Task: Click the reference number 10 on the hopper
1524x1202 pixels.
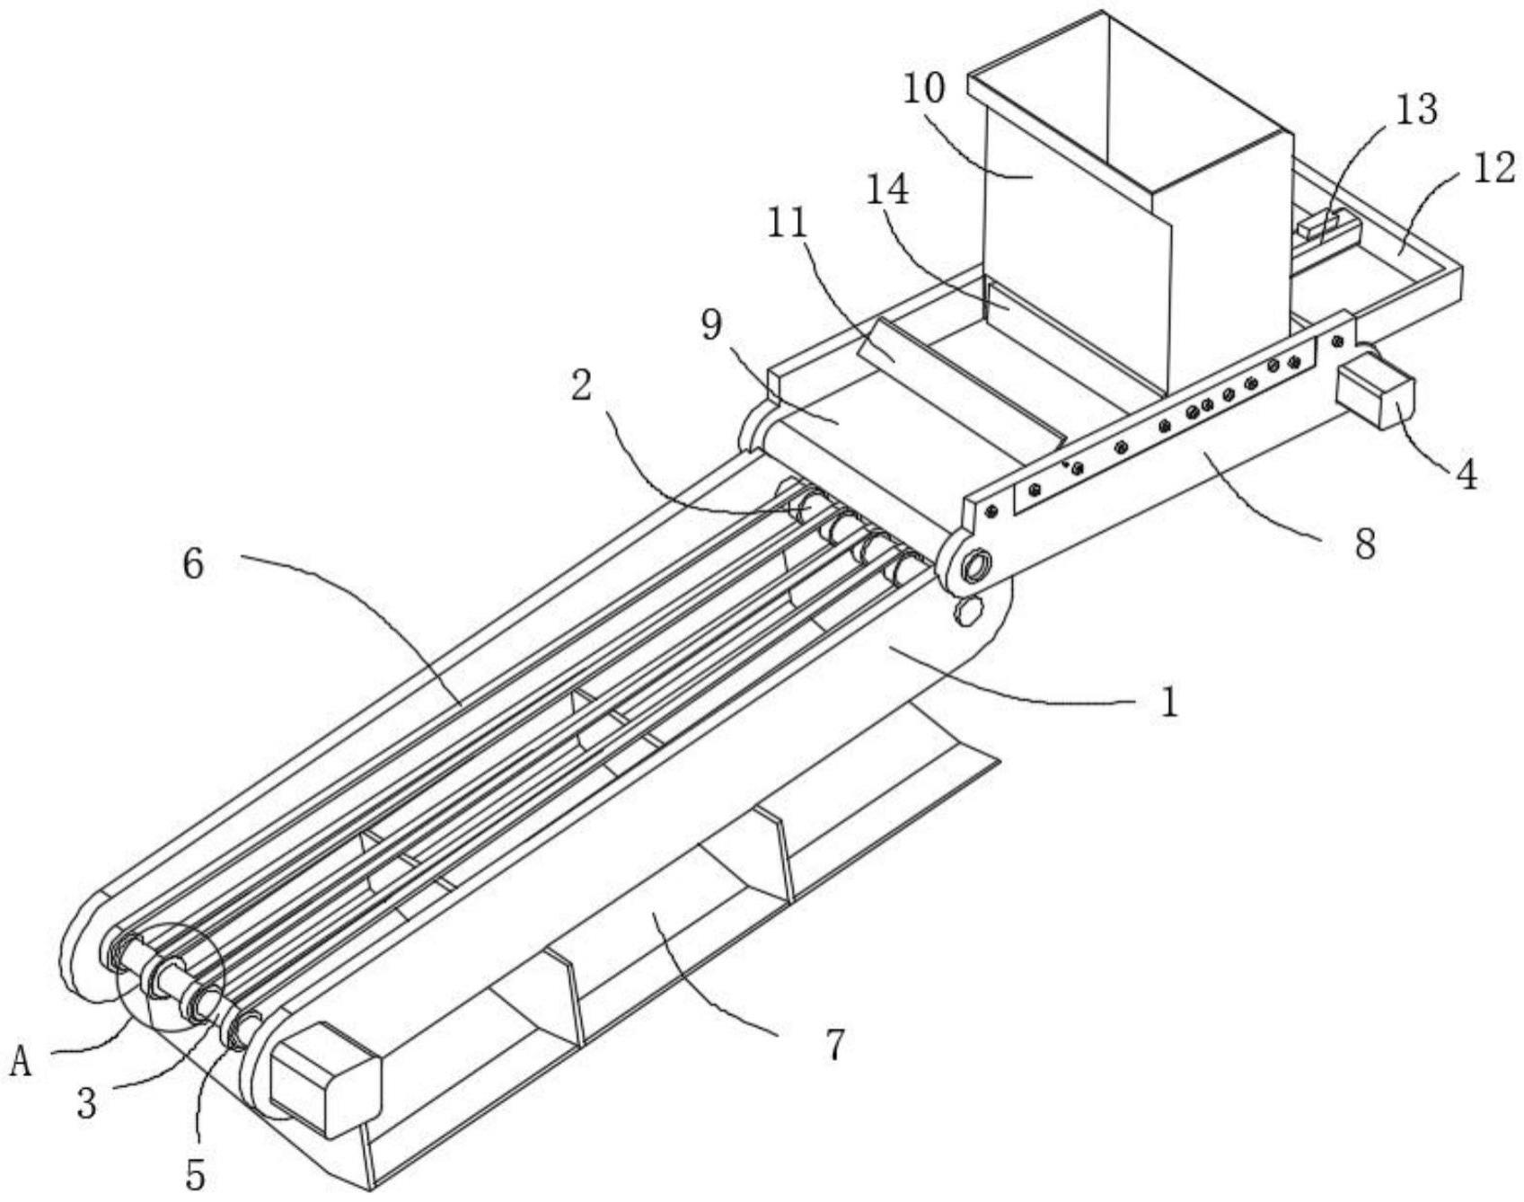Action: [x=924, y=90]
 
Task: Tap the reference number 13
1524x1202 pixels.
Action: [x=1417, y=110]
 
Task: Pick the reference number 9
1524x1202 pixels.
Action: [x=712, y=325]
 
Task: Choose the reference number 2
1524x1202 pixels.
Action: [x=582, y=386]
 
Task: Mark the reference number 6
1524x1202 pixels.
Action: [x=193, y=564]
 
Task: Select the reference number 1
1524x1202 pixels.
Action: [x=1168, y=702]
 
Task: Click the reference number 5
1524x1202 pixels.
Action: [x=195, y=1172]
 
